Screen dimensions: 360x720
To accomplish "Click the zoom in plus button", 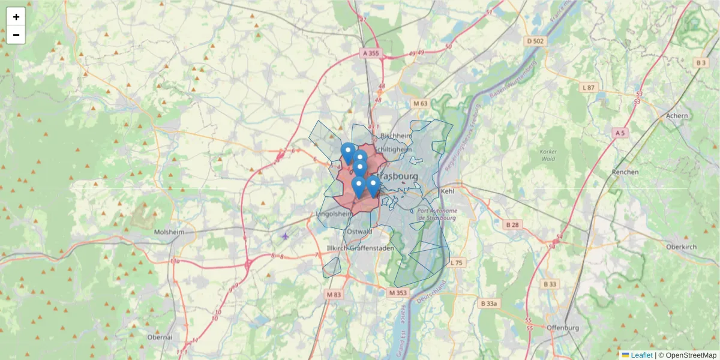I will pyautogui.click(x=16, y=17).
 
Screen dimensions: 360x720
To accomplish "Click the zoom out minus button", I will pyautogui.click(x=16, y=35).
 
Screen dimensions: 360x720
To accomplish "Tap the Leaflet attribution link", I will pyautogui.click(x=641, y=355).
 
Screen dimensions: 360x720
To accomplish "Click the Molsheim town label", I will pyautogui.click(x=169, y=232).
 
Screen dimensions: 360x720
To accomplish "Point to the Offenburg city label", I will pyautogui.click(x=562, y=328).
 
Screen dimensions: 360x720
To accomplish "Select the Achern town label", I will pyautogui.click(x=677, y=115).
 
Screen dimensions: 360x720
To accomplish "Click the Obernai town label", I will pyautogui.click(x=160, y=337).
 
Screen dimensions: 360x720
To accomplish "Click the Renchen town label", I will pyautogui.click(x=625, y=172).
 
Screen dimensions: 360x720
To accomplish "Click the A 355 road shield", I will pyautogui.click(x=371, y=53).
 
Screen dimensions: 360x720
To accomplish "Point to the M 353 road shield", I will pyautogui.click(x=398, y=293).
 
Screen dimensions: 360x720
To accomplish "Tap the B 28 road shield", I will pyautogui.click(x=512, y=224).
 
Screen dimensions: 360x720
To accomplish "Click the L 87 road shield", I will pyautogui.click(x=589, y=88).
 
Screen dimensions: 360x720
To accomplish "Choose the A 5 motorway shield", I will pyautogui.click(x=620, y=132).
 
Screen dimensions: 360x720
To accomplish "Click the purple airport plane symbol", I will pyautogui.click(x=285, y=236).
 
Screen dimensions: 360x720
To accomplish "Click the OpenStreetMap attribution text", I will pyautogui.click(x=687, y=355).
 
